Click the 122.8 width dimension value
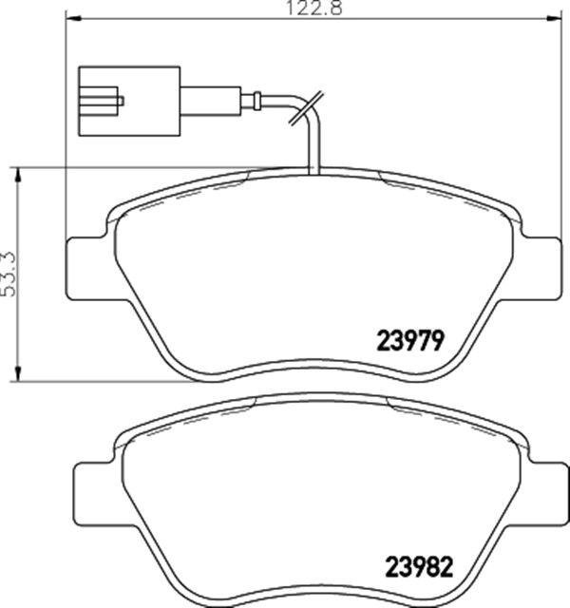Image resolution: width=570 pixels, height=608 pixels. [314, 8]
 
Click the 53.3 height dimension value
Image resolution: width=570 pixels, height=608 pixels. [9, 275]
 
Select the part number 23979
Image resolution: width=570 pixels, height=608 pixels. [410, 341]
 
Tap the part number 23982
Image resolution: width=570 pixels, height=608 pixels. [419, 567]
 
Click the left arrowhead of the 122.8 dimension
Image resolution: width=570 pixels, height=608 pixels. [74, 18]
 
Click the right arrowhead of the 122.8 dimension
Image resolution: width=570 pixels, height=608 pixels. [554, 18]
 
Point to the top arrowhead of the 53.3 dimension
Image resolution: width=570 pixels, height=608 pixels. [17, 175]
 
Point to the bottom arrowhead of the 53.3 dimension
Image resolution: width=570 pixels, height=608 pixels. [17, 373]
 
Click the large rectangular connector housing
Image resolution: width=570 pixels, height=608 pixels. [129, 102]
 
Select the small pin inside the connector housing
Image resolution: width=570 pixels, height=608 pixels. [121, 101]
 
